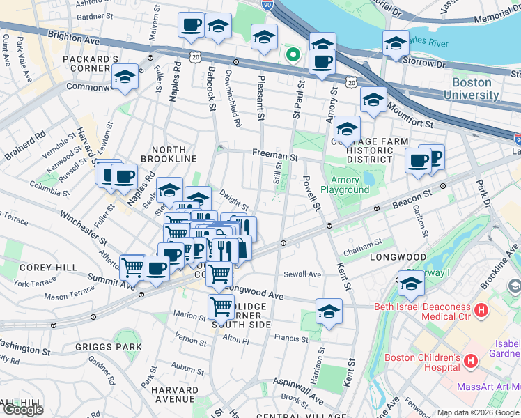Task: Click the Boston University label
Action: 481,88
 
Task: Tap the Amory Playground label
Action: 344,185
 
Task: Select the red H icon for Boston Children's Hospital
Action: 471,362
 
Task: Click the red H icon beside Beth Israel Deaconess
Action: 481,309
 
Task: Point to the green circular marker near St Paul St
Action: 294,54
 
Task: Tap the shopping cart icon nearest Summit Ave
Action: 132,268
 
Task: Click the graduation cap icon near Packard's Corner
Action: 125,77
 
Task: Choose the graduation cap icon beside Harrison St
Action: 329,312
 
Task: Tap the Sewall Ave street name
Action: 305,274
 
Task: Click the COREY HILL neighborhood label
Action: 41,267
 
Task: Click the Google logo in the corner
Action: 24,409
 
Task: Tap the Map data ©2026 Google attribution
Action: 477,412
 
